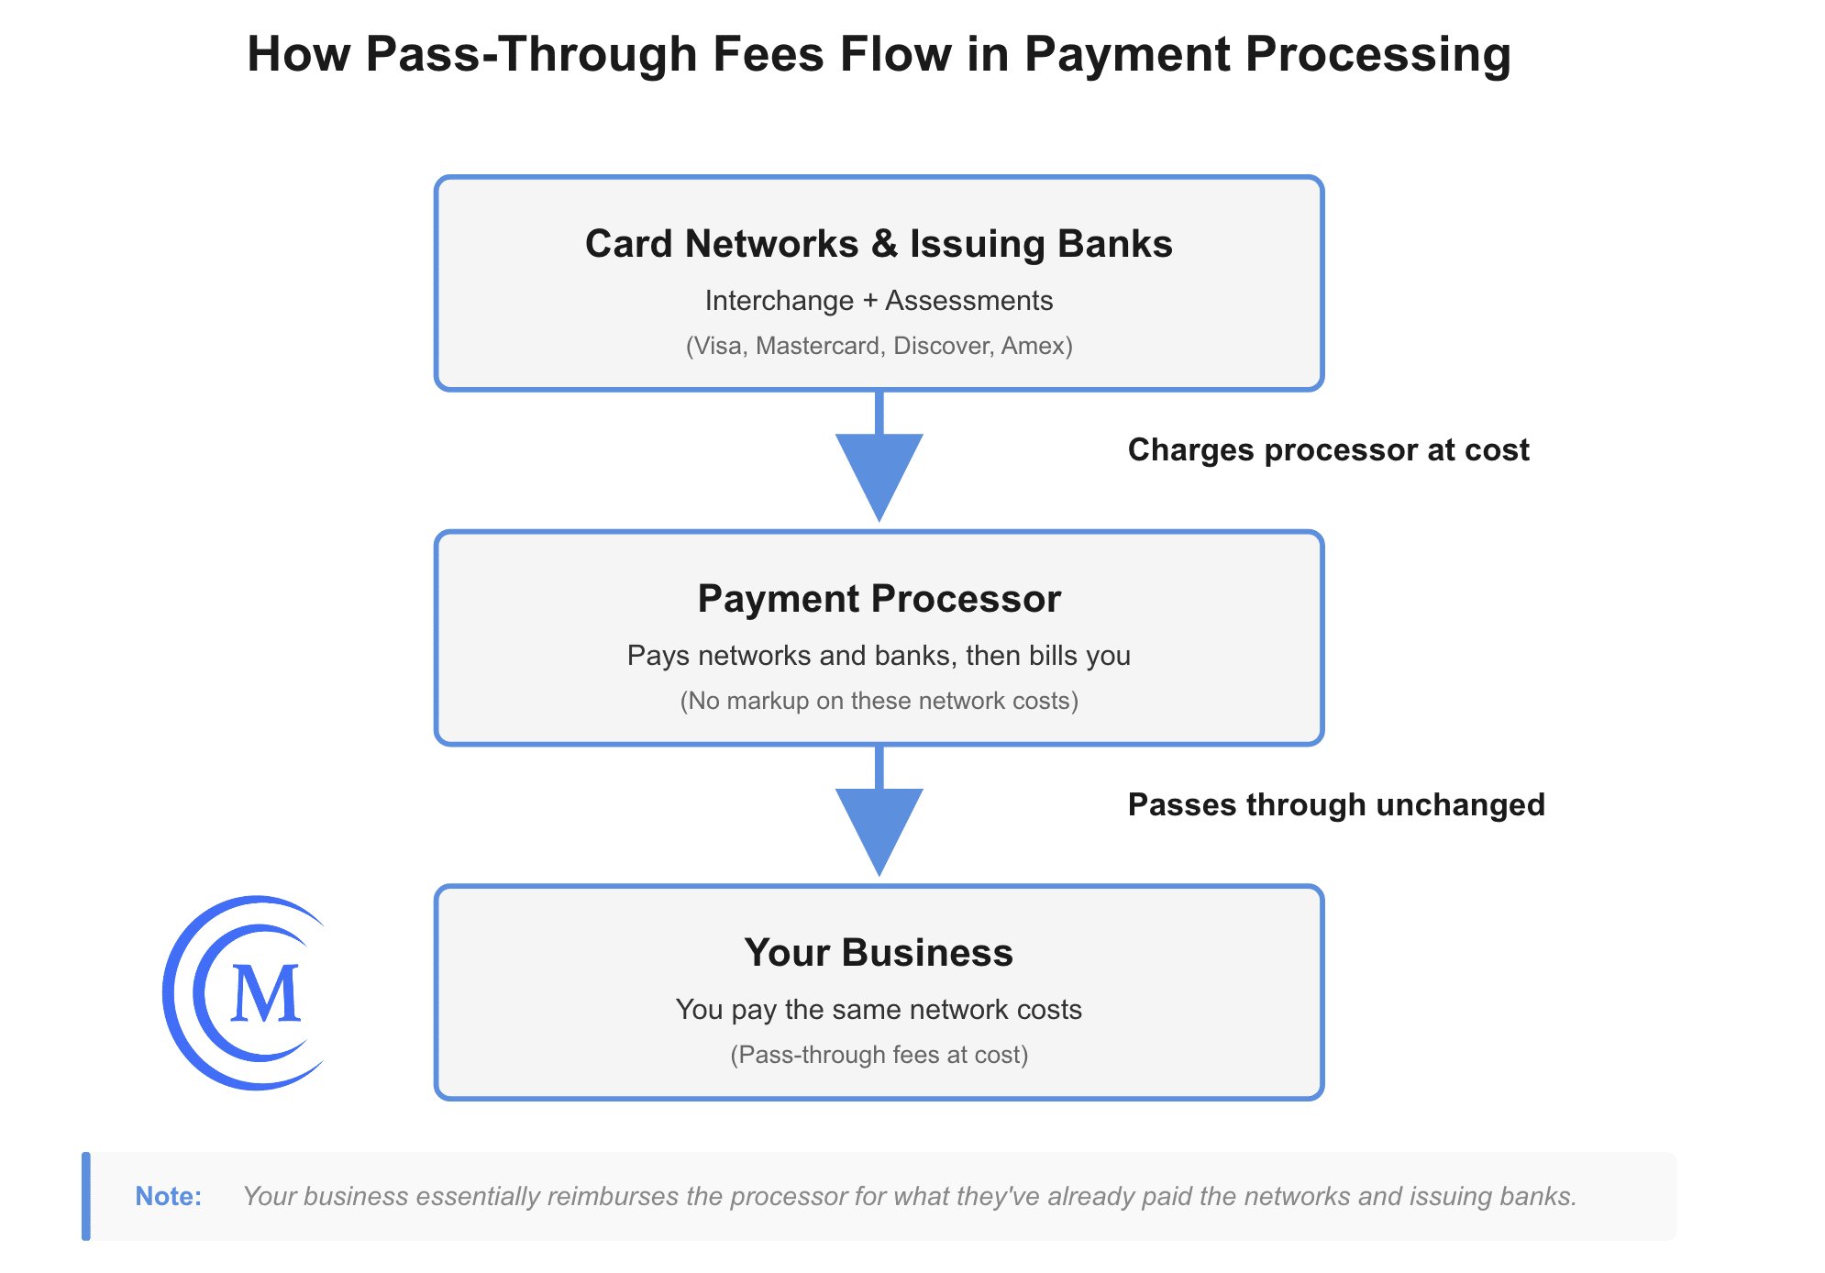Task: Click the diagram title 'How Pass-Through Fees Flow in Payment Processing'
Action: coord(879,54)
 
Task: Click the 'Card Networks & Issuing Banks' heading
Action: coord(879,244)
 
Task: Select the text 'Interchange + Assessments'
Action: coord(879,301)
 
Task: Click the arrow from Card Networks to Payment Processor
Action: coord(879,468)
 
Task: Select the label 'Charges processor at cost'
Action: coord(1328,450)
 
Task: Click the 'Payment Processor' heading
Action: coord(879,599)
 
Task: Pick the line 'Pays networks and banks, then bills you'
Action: coord(879,656)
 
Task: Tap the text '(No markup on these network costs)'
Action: coord(879,701)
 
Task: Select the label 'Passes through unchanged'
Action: coord(1335,805)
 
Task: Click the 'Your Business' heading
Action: coord(879,953)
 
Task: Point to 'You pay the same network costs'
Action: coord(879,1010)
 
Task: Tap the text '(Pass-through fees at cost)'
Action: coord(879,1055)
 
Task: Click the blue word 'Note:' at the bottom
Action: coord(168,1197)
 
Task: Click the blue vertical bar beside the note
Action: coord(86,1196)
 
